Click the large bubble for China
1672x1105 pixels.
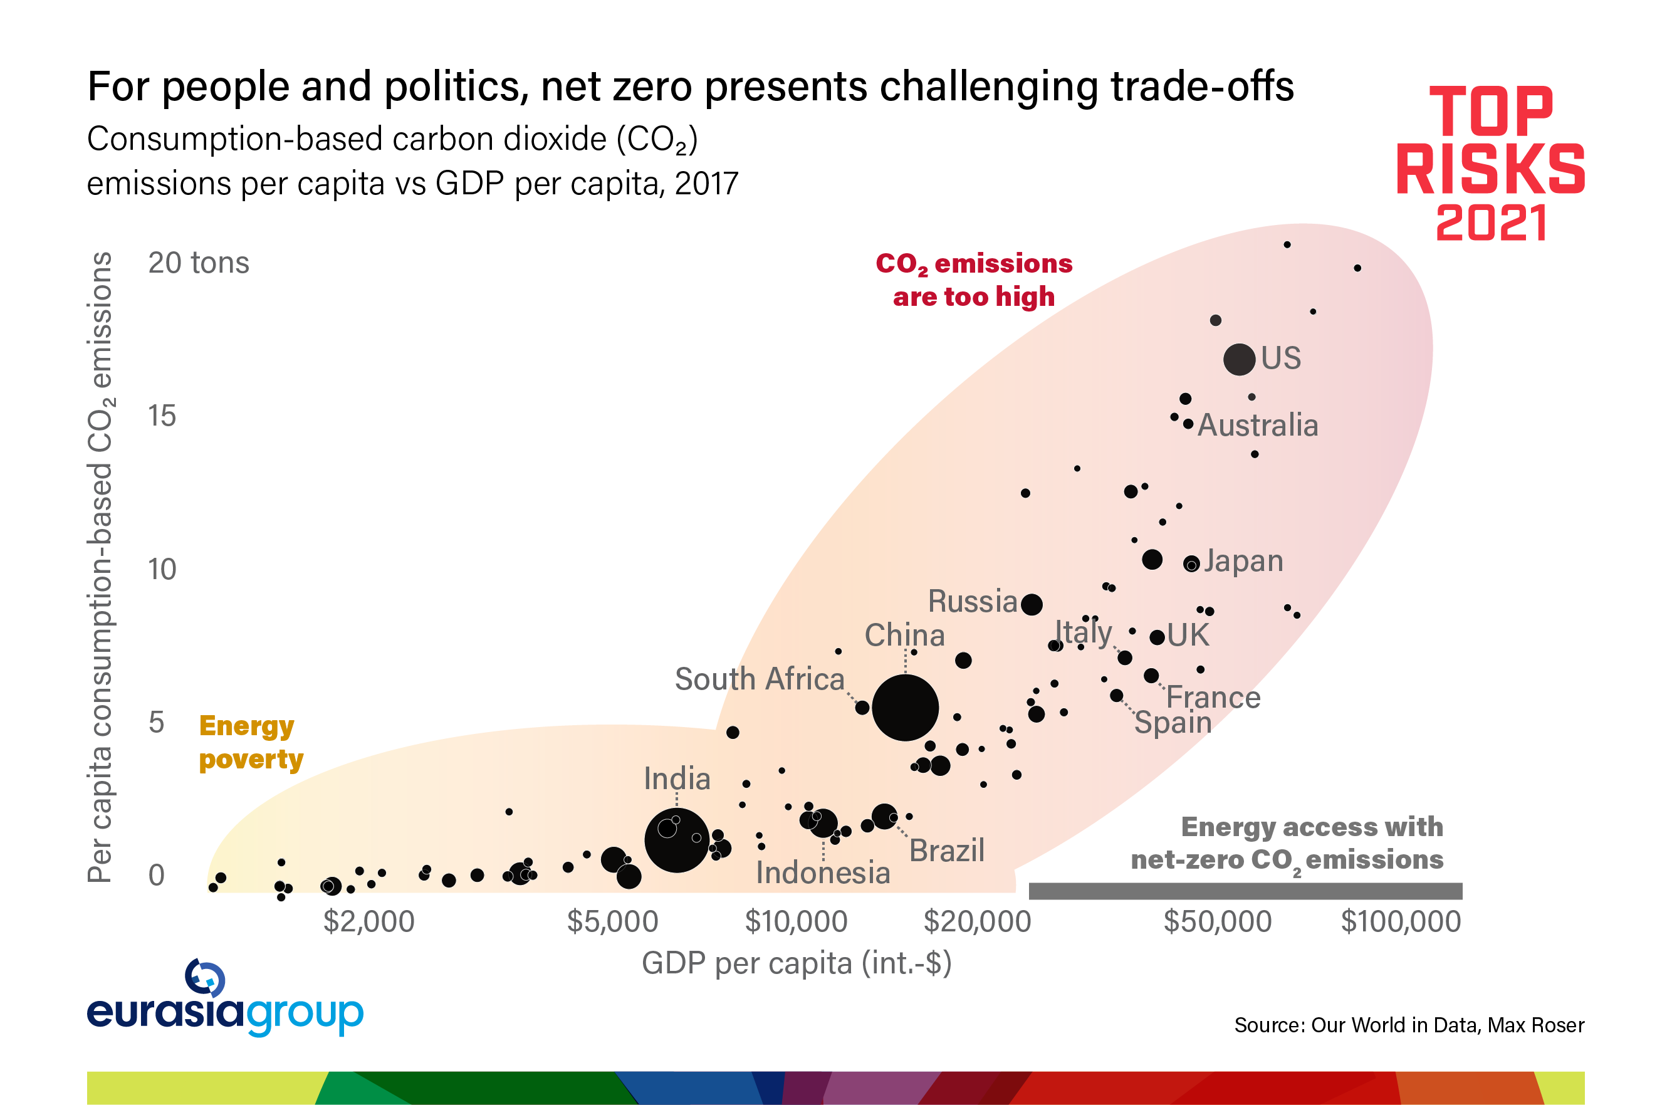pyautogui.click(x=905, y=708)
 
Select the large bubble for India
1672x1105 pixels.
pyautogui.click(x=676, y=840)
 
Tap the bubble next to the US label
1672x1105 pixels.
pyautogui.click(x=1239, y=359)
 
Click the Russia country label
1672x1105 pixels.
pyautogui.click(x=973, y=601)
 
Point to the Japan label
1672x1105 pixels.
pyautogui.click(x=1243, y=561)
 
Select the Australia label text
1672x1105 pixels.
pyautogui.click(x=1258, y=425)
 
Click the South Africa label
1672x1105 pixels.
pyautogui.click(x=760, y=679)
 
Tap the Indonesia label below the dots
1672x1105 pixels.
pyautogui.click(x=823, y=872)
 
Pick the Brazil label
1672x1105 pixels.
pyautogui.click(x=946, y=851)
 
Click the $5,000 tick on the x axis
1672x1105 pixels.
pyautogui.click(x=612, y=921)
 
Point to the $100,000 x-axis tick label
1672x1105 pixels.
pyautogui.click(x=1401, y=921)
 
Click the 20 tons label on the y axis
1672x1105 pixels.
pyautogui.click(x=199, y=263)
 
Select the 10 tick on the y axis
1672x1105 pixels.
pyautogui.click(x=162, y=569)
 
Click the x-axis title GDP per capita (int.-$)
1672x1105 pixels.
pyautogui.click(x=796, y=963)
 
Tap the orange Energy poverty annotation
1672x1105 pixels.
pyautogui.click(x=250, y=742)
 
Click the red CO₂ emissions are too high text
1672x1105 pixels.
pyautogui.click(x=974, y=280)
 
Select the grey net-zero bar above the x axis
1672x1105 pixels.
pyautogui.click(x=1245, y=891)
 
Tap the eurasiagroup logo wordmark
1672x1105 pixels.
pyautogui.click(x=225, y=1012)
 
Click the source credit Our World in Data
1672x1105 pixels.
pyautogui.click(x=1409, y=1025)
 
